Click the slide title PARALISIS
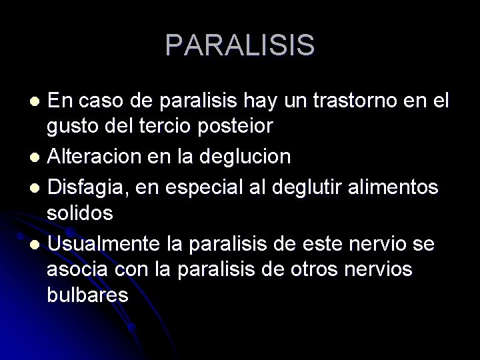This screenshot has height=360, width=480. pyautogui.click(x=240, y=45)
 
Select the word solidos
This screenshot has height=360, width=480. pyautogui.click(x=79, y=214)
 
